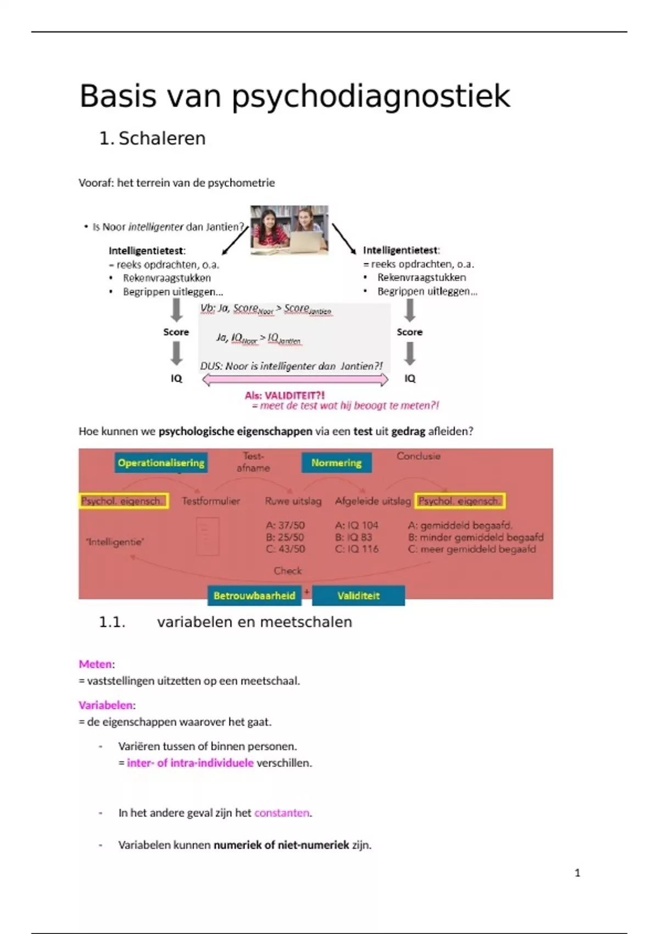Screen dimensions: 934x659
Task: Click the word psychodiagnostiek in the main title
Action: coord(371,97)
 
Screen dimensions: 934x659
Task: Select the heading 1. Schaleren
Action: coord(152,138)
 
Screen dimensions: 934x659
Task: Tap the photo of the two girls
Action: coord(289,230)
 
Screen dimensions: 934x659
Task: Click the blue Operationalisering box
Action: coord(161,463)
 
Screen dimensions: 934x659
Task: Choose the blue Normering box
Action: coord(336,463)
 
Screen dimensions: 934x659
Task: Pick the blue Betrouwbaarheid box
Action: coord(254,596)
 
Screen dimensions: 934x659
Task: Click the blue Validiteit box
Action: coord(358,596)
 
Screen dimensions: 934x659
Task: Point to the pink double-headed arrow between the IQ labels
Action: coord(295,380)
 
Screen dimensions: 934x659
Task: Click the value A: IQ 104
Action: coord(356,525)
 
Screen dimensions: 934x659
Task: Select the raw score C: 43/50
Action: coord(285,549)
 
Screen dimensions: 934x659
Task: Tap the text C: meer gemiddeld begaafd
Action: coord(472,549)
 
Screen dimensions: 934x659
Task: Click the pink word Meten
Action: coord(95,664)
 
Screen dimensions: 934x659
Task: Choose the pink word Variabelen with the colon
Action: coord(107,705)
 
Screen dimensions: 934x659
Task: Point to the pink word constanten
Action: coord(282,813)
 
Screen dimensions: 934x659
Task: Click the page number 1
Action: coord(577,873)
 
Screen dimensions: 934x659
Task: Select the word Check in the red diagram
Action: coord(288,571)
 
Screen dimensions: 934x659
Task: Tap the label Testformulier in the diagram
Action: coord(211,501)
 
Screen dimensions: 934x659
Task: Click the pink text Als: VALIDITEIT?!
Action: coord(284,396)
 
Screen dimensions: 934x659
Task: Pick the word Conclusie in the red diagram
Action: coord(418,456)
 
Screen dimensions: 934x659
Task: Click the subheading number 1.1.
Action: coord(112,622)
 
